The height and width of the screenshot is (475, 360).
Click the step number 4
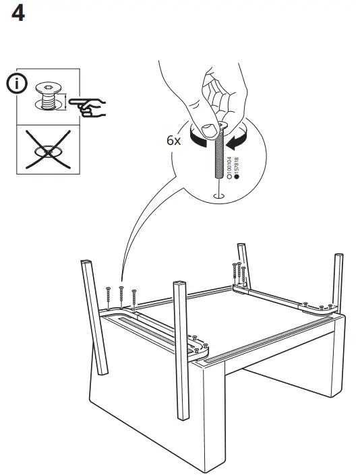pyautogui.click(x=18, y=13)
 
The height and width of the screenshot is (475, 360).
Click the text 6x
pyautogui.click(x=173, y=141)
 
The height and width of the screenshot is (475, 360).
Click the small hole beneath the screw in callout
pyautogui.click(x=216, y=196)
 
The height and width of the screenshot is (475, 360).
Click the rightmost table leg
pyautogui.click(x=338, y=283)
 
